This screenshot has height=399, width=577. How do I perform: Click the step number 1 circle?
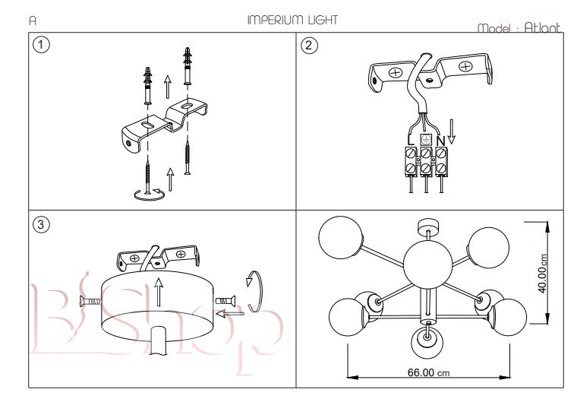42,45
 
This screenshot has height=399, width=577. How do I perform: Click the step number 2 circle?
308,45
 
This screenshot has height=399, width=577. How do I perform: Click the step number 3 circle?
42,224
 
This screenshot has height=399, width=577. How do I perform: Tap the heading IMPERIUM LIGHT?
292,20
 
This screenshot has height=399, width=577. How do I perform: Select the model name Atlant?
543,27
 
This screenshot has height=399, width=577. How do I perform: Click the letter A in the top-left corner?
33,21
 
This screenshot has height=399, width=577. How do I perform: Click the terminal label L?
410,140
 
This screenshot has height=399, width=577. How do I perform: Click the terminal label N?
440,140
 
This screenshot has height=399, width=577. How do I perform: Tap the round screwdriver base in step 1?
148,195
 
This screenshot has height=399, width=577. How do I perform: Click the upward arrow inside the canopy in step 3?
158,292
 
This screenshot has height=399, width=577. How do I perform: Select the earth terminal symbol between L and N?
426,140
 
